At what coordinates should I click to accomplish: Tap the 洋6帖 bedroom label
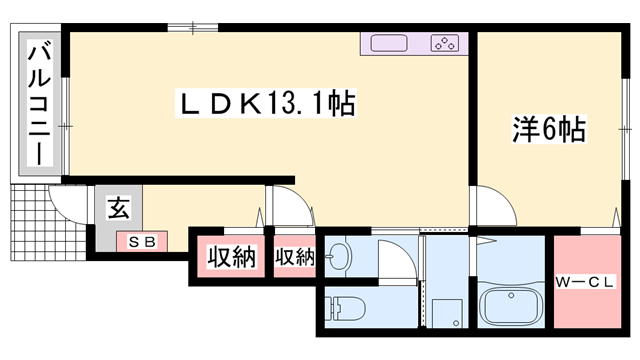(547, 130)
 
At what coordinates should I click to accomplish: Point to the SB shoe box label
(140, 241)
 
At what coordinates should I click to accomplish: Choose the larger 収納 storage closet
(231, 256)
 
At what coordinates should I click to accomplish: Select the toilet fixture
(345, 309)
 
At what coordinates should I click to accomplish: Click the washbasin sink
(337, 257)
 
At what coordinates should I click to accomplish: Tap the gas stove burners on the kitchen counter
(444, 43)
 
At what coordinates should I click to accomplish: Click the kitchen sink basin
(388, 43)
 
